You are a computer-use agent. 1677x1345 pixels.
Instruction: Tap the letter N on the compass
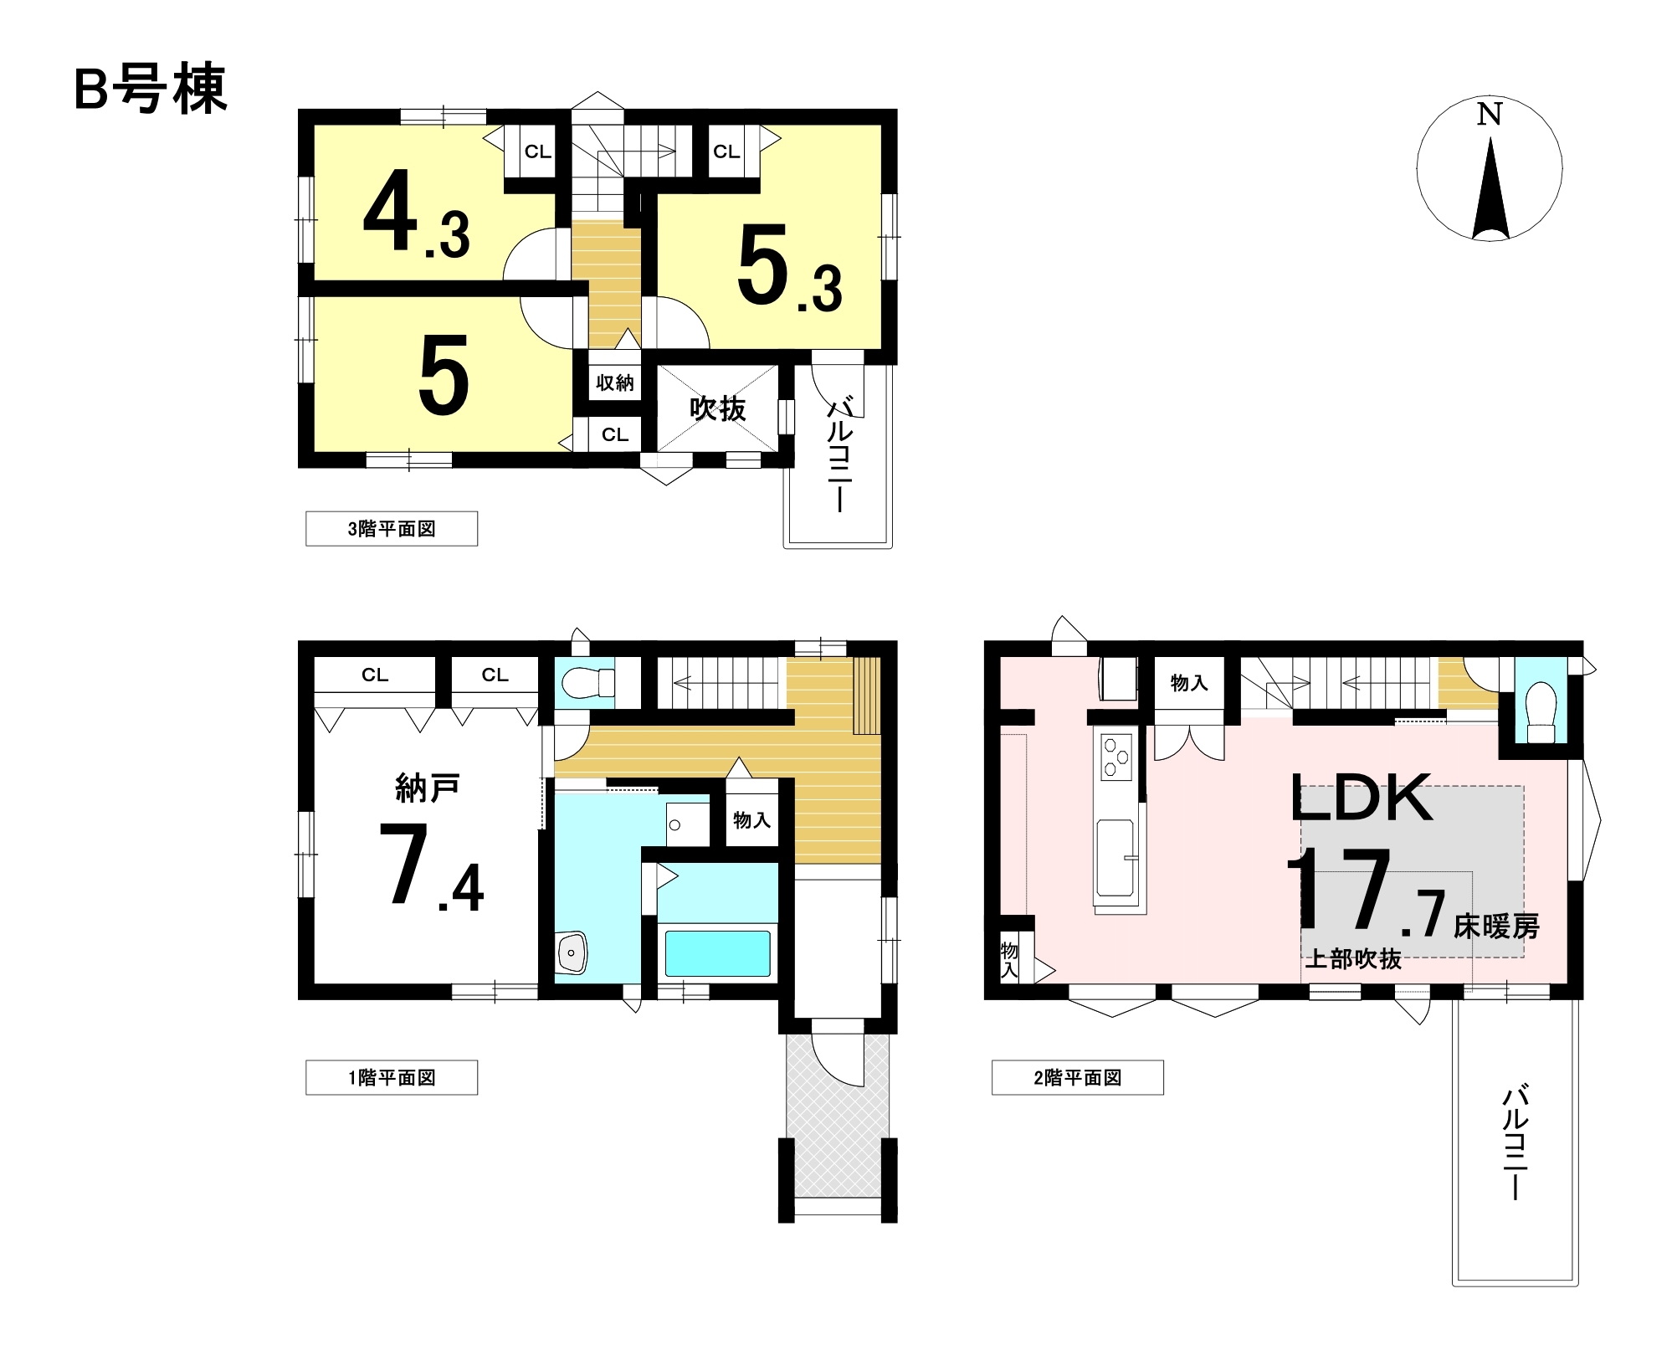1489,114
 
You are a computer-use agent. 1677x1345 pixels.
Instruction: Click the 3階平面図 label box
392,529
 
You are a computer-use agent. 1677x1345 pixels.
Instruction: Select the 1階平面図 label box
392,1078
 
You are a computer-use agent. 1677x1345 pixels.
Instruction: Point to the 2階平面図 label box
1078,1078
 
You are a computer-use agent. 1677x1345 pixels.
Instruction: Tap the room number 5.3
790,268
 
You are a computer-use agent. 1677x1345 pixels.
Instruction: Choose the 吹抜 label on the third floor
717,409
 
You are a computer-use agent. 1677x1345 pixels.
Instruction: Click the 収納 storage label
615,383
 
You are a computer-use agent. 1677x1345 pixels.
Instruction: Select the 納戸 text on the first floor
428,788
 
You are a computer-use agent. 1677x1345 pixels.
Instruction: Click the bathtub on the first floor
717,953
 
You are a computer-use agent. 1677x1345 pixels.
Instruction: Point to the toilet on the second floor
1541,713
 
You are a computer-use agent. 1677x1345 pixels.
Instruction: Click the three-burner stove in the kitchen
1116,757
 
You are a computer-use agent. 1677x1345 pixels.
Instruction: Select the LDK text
1362,797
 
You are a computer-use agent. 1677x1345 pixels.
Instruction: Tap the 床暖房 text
1497,927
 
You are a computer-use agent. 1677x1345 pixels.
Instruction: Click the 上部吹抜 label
1353,959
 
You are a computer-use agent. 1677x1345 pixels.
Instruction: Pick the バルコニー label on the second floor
1515,1142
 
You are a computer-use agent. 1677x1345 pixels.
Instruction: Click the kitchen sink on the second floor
1115,859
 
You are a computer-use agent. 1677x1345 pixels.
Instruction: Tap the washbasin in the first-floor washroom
572,952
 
